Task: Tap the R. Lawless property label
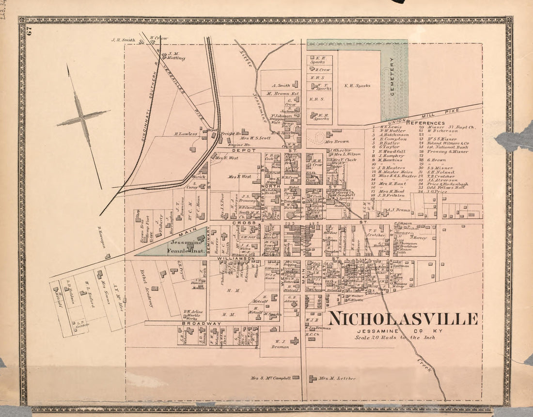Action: [x=186, y=133]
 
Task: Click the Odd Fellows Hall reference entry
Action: [x=443, y=188]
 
